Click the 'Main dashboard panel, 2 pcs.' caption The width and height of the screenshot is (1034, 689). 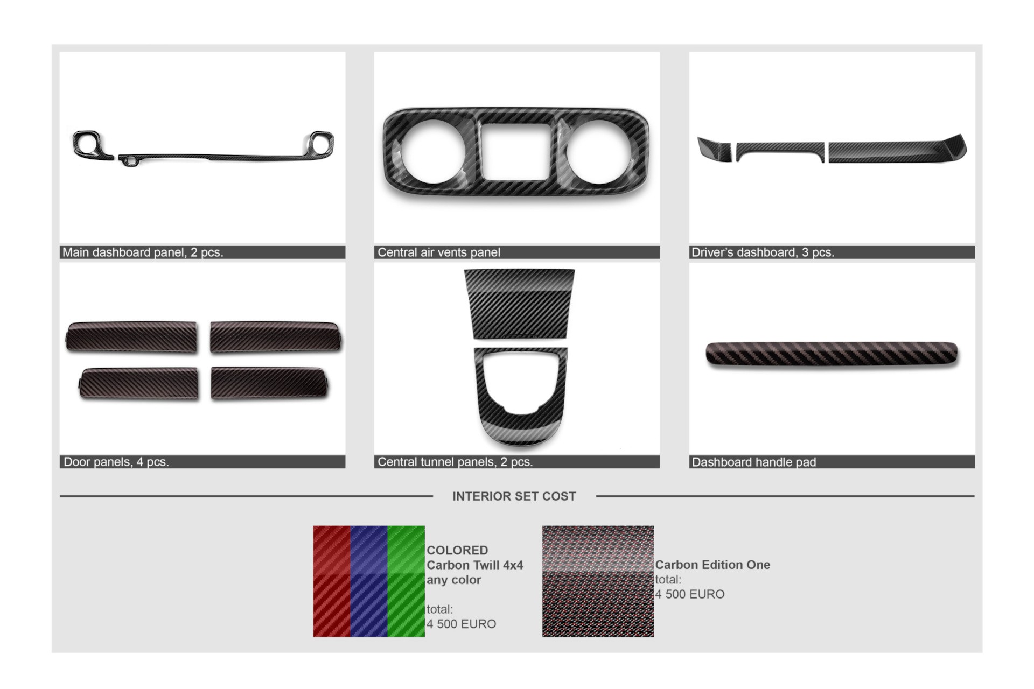coord(143,252)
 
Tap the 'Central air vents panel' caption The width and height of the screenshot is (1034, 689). coord(439,252)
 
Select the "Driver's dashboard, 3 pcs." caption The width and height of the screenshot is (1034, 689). coord(763,252)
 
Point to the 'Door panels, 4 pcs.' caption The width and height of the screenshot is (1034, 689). coord(116,462)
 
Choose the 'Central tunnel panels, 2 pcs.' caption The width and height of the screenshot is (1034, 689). coord(455,462)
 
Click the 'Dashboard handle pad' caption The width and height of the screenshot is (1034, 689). coord(754,462)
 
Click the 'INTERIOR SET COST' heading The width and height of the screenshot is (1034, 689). coord(514,496)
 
